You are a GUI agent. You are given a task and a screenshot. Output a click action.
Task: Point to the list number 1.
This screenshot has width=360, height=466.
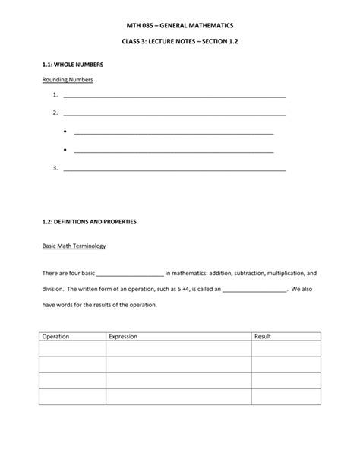pos(55,95)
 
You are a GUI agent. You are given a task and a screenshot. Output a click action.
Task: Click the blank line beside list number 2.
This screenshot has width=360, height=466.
pos(174,113)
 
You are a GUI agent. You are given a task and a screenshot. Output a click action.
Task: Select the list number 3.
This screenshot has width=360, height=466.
pos(55,167)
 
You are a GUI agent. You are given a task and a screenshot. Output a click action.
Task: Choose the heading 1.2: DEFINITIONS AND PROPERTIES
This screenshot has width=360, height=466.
pos(88,221)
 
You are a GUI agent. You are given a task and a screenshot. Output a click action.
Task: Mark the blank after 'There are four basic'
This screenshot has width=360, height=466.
pos(131,272)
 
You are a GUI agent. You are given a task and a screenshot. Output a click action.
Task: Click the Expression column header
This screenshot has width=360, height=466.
pos(124,335)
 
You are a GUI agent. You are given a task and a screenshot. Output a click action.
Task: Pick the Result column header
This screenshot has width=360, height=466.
pos(263,335)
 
